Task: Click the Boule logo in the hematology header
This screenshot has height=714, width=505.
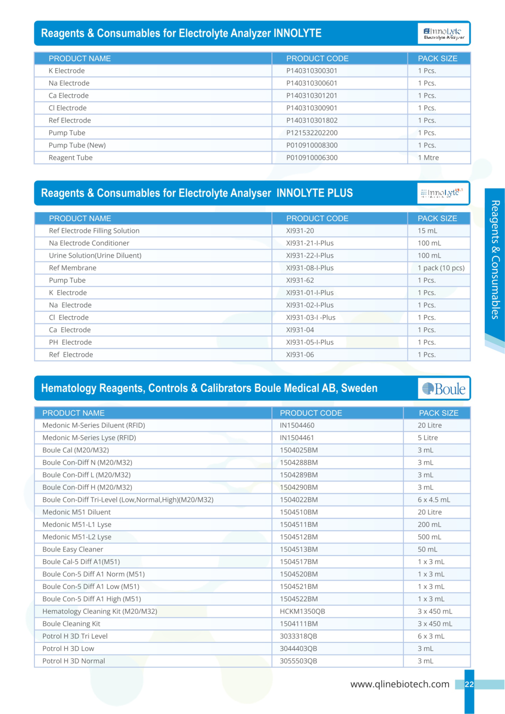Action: tap(444, 389)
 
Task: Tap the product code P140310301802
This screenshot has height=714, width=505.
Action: tap(312, 120)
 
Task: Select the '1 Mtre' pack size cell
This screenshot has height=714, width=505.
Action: tap(428, 158)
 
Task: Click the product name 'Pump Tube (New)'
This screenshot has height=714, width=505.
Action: tap(77, 145)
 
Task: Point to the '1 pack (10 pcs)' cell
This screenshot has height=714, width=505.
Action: tap(441, 268)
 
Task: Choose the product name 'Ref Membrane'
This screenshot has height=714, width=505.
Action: tap(73, 268)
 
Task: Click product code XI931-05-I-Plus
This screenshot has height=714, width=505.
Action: tap(310, 342)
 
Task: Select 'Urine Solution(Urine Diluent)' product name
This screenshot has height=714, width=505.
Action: tap(95, 255)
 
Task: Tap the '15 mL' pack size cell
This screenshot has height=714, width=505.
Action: tap(427, 231)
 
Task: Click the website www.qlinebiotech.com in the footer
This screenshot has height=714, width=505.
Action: tap(400, 684)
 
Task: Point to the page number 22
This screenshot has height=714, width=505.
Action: tap(469, 685)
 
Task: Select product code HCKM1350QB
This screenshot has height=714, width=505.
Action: tap(302, 611)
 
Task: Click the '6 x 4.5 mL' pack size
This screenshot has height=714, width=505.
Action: tap(433, 499)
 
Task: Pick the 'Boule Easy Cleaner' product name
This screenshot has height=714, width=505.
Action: tap(73, 549)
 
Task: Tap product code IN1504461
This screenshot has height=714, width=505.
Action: tap(297, 437)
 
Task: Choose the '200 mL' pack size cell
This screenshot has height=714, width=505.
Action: tap(429, 525)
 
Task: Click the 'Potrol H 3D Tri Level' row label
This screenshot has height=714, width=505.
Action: tap(75, 636)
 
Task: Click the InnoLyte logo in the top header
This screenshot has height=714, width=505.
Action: tap(444, 33)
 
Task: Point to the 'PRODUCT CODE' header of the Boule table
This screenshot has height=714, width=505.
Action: tap(311, 413)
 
